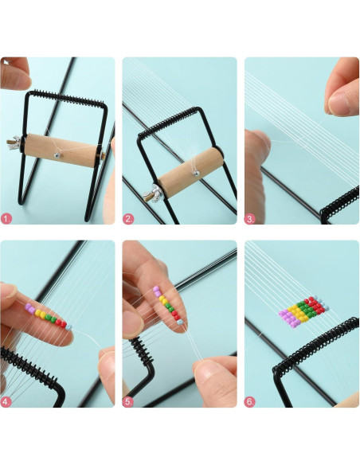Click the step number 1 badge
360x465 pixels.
(6, 219)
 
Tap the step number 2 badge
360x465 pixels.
(128, 219)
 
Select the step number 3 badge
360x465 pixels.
(249, 219)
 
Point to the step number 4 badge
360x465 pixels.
(6, 402)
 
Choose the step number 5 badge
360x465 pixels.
(128, 402)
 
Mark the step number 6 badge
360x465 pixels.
(249, 402)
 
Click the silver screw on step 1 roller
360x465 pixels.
(57, 154)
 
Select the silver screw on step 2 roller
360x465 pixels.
(195, 173)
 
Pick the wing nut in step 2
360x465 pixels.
(151, 193)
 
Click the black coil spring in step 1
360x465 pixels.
(66, 98)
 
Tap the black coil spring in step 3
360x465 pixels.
(340, 204)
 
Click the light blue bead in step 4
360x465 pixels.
(68, 327)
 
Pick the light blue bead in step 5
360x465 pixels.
(180, 322)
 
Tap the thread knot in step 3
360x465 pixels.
(298, 143)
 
